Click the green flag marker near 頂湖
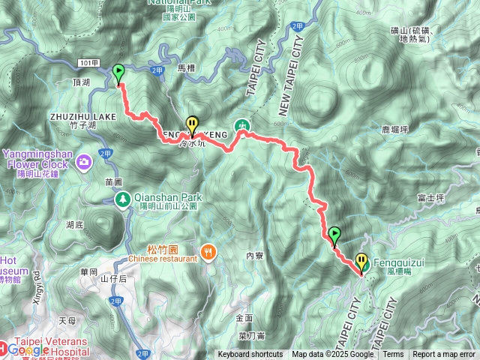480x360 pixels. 118,73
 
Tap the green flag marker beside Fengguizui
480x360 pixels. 334,235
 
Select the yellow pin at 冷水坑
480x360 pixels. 193,124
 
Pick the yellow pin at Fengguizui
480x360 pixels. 362,262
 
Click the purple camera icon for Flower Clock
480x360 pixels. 83,160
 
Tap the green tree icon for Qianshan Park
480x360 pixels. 122,199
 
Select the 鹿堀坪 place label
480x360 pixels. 394,129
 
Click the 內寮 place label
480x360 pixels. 256,256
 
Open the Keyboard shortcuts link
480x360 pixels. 250,355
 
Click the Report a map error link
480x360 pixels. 444,355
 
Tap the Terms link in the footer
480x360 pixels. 393,355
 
